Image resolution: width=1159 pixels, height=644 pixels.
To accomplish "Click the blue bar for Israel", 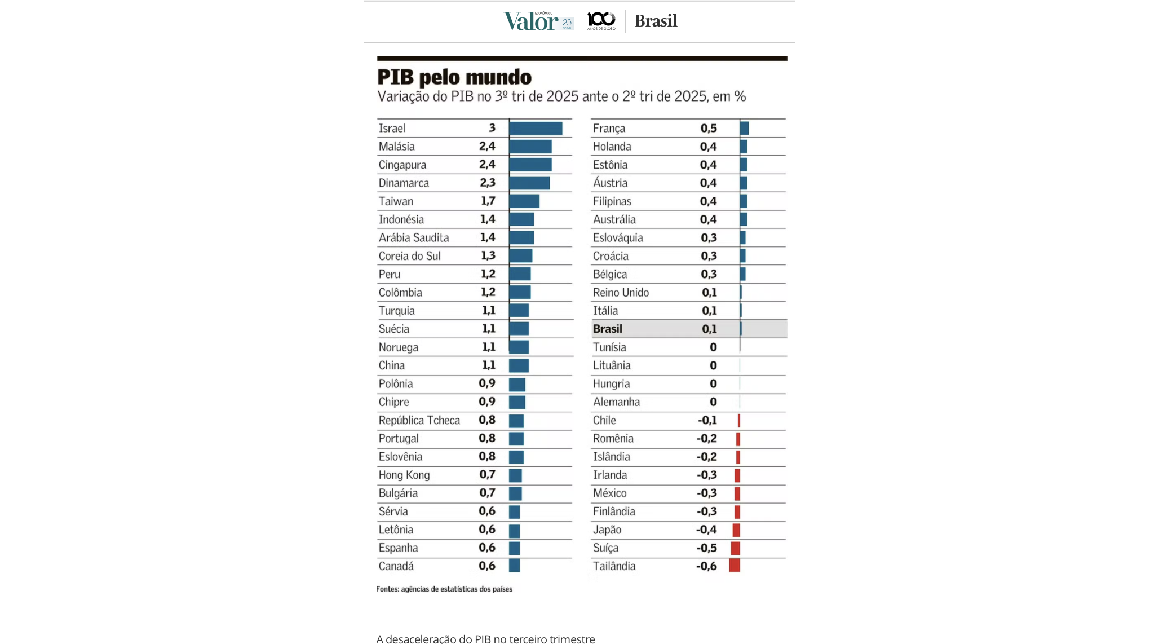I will (x=536, y=129).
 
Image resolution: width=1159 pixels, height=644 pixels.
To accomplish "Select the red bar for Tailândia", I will (x=735, y=566).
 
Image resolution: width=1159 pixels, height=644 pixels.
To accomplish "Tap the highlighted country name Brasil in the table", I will (x=607, y=329).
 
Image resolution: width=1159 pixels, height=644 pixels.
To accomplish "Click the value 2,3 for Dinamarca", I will (x=487, y=183).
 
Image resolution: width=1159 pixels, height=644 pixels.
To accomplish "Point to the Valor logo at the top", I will (x=531, y=21).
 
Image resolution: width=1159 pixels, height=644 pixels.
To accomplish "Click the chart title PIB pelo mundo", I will (x=454, y=77).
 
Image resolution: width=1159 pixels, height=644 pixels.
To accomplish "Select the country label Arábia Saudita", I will (x=414, y=237).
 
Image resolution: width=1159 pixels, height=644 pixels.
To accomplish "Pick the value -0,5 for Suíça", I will (x=706, y=548).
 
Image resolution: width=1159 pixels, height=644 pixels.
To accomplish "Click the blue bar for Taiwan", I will (x=524, y=201).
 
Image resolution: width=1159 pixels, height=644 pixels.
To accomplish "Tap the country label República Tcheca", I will (x=419, y=420).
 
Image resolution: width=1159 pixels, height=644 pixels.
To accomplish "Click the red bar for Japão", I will (x=736, y=530).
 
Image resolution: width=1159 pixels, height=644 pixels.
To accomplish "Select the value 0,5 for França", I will (x=709, y=129).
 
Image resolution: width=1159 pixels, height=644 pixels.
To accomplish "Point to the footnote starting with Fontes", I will (x=444, y=589).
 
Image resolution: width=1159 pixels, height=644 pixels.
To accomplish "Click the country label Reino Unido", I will (x=621, y=293).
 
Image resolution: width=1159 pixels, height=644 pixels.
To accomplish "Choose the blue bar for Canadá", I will (x=514, y=566).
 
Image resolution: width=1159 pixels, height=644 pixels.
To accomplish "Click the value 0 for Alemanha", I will (x=713, y=402).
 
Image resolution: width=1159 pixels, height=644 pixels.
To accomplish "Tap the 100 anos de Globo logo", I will (x=601, y=21).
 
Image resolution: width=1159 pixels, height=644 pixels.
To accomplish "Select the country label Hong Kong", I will (x=404, y=475).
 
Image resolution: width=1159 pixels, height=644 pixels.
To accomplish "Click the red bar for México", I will (x=737, y=493).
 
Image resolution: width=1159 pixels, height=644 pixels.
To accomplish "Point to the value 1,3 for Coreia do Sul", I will (x=488, y=256).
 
